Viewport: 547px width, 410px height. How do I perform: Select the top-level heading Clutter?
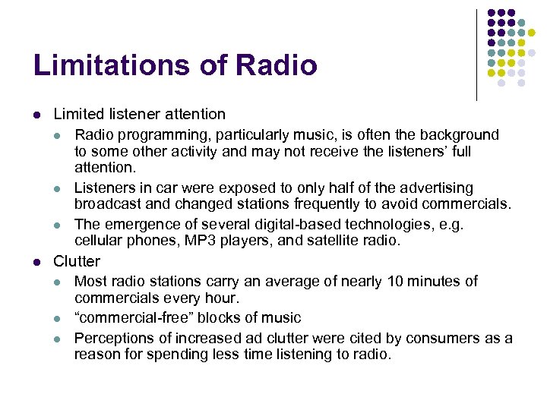77,261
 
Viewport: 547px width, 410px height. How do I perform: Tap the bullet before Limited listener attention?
36,115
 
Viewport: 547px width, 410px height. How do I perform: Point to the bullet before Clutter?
36,262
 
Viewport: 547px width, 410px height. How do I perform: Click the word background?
460,135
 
